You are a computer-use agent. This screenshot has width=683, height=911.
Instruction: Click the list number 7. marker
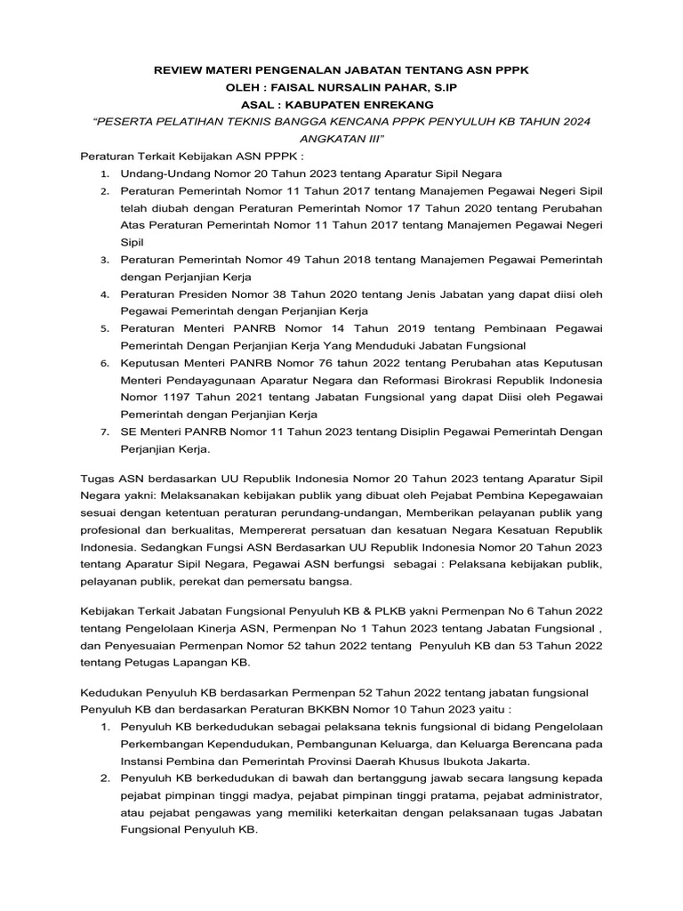tap(104, 432)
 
